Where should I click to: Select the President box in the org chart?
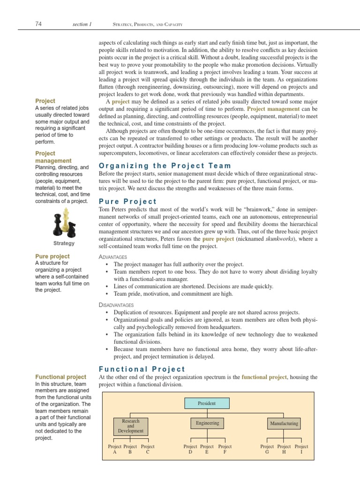tap(206, 403)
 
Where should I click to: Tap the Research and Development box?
tap(130, 426)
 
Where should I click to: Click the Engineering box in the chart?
tap(207, 423)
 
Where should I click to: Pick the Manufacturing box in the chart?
tap(284, 423)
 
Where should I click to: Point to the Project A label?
tap(114, 450)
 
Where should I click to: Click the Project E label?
tap(207, 450)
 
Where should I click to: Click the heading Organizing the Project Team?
tap(165, 165)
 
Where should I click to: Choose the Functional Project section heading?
tap(142, 369)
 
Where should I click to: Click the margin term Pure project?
tap(52, 256)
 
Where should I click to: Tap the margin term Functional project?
tap(61, 377)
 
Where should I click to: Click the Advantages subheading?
tap(112, 257)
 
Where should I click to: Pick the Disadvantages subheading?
tap(116, 305)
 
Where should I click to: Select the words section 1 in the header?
tap(82, 24)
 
